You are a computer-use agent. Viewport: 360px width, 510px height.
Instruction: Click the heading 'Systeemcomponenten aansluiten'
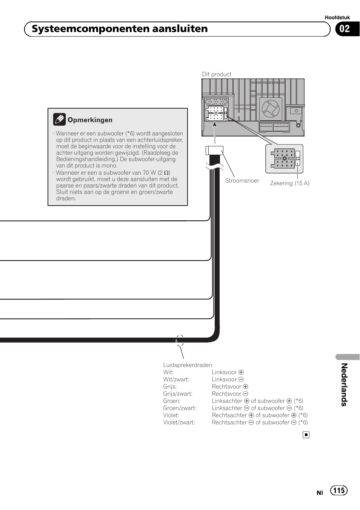(120, 29)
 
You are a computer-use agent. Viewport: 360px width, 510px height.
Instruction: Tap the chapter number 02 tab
(345, 29)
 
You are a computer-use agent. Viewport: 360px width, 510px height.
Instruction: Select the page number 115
(338, 490)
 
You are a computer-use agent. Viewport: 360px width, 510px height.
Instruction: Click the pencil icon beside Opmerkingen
(59, 120)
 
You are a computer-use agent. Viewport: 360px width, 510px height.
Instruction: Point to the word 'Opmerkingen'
(90, 120)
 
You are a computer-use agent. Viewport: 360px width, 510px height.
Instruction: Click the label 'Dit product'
(217, 74)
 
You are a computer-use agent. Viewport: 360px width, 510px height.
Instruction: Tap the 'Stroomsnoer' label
(242, 181)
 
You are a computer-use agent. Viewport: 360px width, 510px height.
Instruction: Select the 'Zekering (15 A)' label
(289, 183)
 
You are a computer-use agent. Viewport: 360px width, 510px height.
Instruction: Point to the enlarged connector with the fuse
(284, 158)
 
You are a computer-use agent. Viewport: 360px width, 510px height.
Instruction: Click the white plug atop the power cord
(214, 150)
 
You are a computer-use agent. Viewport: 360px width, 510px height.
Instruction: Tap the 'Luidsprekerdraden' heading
(188, 365)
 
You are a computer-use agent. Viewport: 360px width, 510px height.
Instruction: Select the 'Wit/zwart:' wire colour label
(176, 379)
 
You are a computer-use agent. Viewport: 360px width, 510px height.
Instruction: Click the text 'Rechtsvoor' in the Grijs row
(226, 387)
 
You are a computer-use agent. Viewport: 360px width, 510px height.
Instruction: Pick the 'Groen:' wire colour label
(172, 401)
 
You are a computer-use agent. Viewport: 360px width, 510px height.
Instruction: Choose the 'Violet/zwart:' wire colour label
(179, 422)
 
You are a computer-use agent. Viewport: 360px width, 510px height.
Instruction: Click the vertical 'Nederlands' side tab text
(344, 384)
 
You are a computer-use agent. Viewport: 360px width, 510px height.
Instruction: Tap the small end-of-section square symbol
(306, 435)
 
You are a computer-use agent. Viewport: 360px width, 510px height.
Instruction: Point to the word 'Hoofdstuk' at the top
(337, 17)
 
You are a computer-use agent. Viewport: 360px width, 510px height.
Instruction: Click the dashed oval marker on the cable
(180, 341)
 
